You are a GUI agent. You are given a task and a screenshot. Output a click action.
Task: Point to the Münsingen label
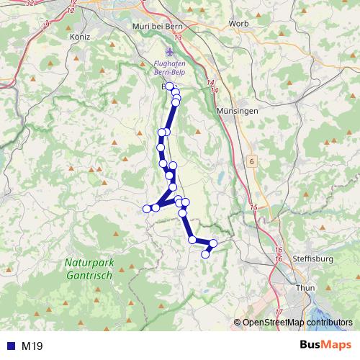pos(233,112)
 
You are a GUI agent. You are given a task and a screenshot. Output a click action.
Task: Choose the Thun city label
pos(306,287)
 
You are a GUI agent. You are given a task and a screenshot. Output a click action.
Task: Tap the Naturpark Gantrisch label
pos(88,269)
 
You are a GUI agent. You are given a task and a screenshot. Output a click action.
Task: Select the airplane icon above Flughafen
pos(170,52)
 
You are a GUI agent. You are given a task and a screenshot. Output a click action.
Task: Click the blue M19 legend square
pos(9,346)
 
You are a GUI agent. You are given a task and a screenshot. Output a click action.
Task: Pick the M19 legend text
pos(32,346)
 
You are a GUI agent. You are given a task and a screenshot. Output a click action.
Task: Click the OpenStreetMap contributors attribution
pos(297,323)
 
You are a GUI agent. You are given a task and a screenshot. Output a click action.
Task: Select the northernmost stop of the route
pos(169,86)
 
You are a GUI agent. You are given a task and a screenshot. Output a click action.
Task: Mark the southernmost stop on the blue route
pos(205,253)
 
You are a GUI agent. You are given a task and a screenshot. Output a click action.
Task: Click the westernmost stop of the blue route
pos(147,209)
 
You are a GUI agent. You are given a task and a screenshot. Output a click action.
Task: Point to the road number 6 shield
pos(252,162)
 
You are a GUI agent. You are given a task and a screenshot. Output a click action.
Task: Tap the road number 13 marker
pos(177,37)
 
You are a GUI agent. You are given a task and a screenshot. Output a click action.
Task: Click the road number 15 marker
pos(253,207)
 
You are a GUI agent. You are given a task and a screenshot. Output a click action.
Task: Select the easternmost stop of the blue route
pos(213,243)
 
